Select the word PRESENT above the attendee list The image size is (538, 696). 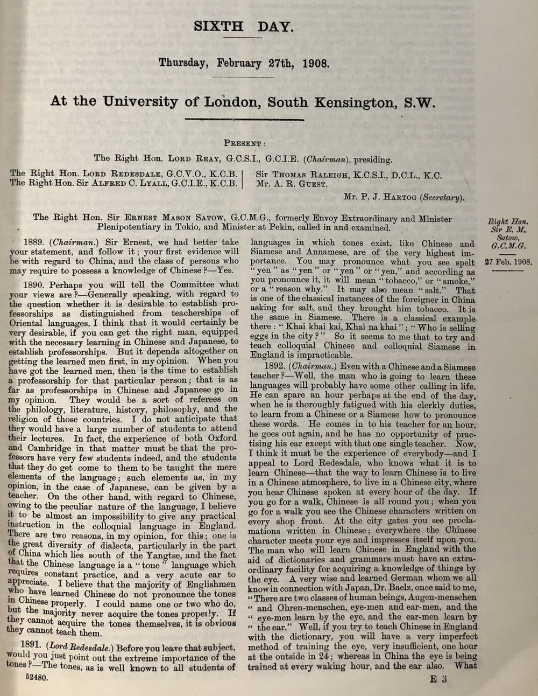[x=244, y=144]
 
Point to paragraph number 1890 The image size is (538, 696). [x=36, y=284]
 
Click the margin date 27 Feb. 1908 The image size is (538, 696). [x=507, y=262]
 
